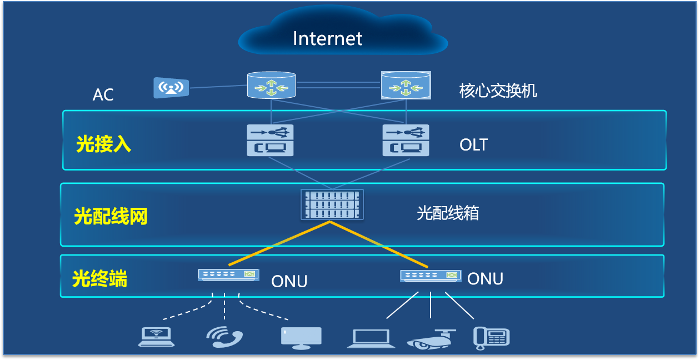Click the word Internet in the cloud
click(x=327, y=38)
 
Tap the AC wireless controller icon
click(x=171, y=88)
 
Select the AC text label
click(x=103, y=95)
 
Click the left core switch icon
click(x=271, y=86)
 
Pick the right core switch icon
click(x=406, y=86)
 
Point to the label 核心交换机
click(x=498, y=91)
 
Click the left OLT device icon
click(x=270, y=140)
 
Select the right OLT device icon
click(x=406, y=140)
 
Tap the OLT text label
click(x=473, y=145)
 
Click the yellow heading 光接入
click(x=104, y=144)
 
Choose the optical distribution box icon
click(x=332, y=204)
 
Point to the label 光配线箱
click(x=447, y=213)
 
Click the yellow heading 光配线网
click(x=111, y=216)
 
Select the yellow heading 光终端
click(x=100, y=278)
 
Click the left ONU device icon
click(x=228, y=274)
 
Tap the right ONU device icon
click(x=431, y=275)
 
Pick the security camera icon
click(x=431, y=339)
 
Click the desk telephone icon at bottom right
click(x=491, y=338)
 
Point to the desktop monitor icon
click(x=301, y=337)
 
